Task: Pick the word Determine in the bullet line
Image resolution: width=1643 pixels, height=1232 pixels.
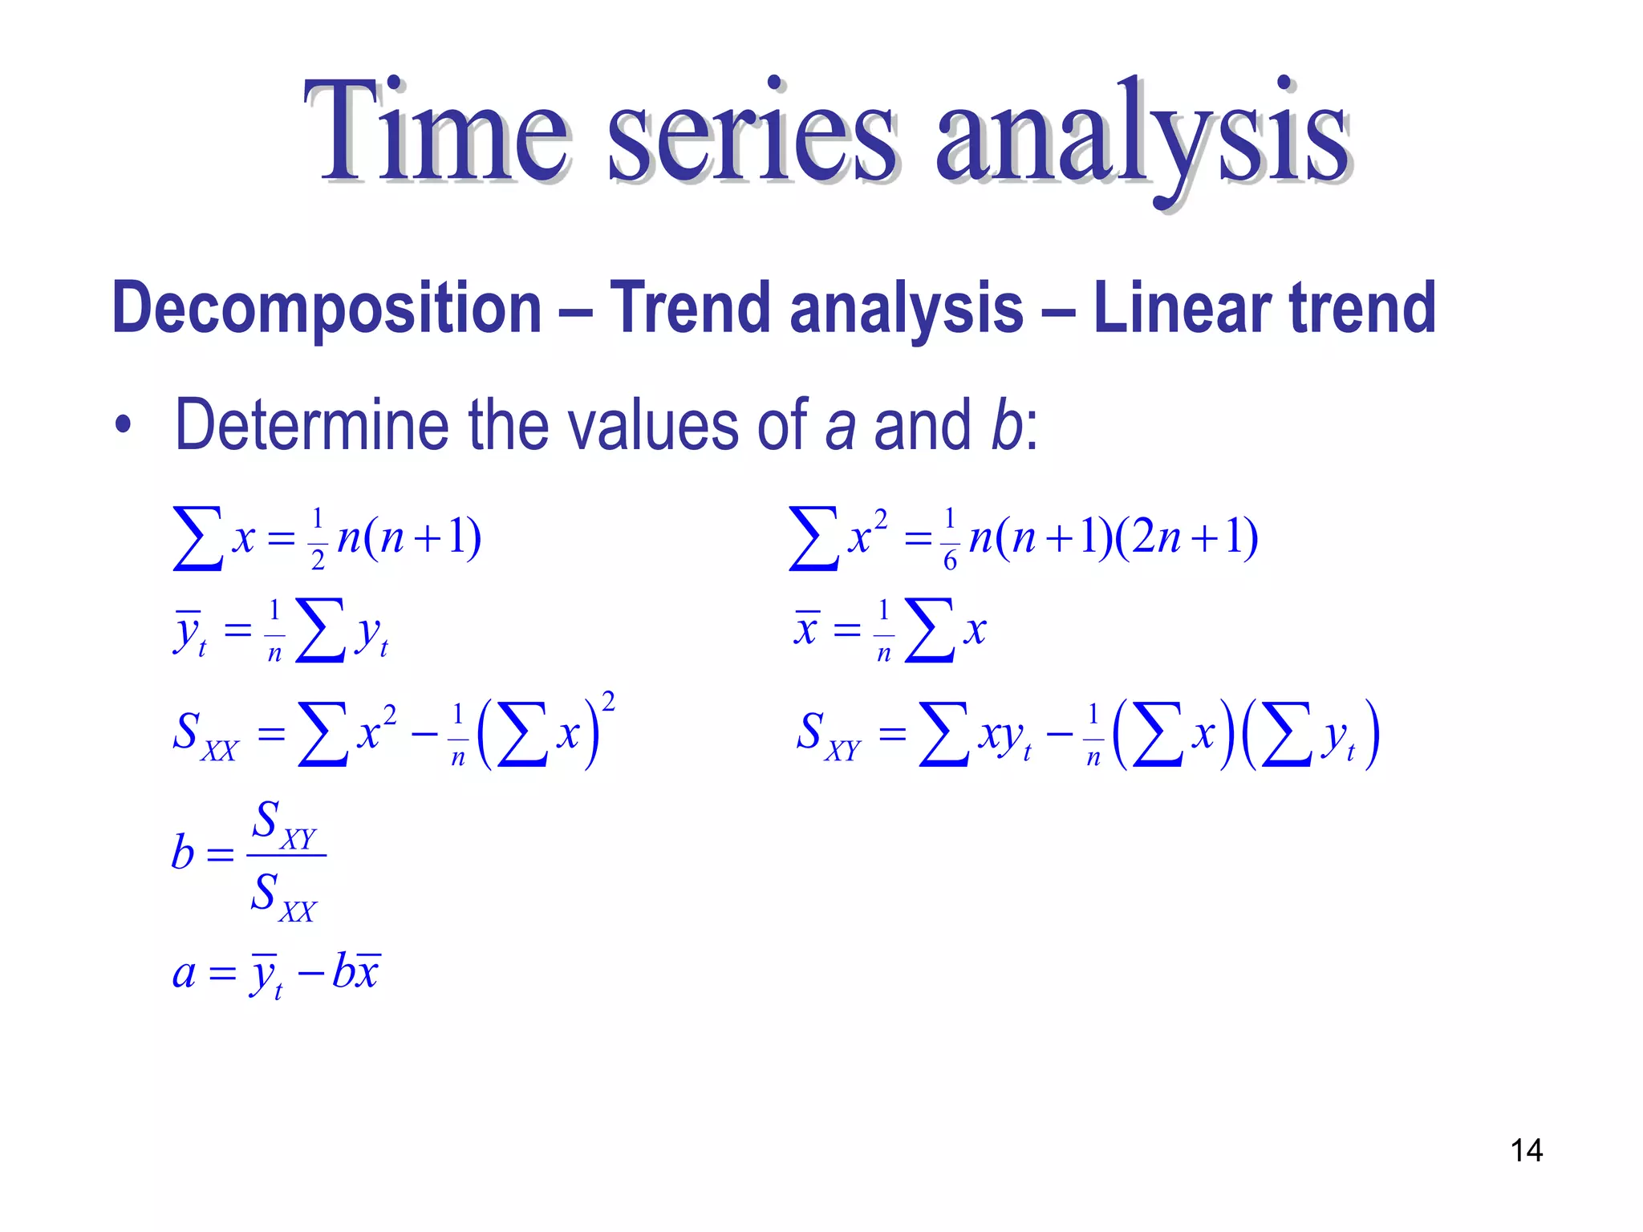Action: [x=311, y=424]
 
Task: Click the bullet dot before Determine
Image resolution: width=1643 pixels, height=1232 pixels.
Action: [x=122, y=425]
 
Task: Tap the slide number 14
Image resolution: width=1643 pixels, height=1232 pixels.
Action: [x=1526, y=1150]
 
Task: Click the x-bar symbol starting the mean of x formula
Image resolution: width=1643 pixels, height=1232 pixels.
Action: [x=806, y=629]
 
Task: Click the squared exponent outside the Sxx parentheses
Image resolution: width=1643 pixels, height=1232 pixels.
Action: [x=608, y=703]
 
